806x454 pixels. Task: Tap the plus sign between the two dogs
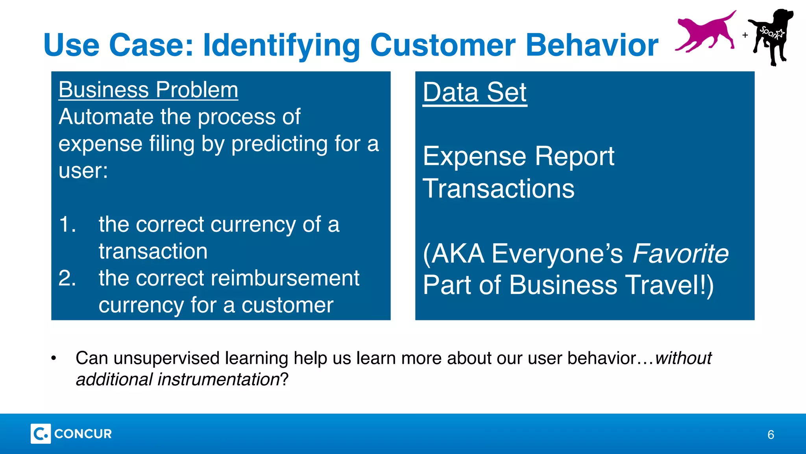pos(745,35)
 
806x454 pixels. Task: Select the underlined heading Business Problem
pos(148,90)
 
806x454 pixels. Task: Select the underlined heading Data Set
pos(475,93)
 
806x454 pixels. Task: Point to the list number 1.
pos(67,225)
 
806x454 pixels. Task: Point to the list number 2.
pos(67,278)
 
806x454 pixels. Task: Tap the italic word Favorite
pos(680,253)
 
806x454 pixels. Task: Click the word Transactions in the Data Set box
pos(499,189)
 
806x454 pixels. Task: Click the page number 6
pos(771,435)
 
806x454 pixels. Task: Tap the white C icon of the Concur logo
pos(41,434)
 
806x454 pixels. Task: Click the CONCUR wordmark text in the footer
pos(83,434)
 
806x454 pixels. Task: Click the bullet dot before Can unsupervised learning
pos(54,359)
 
